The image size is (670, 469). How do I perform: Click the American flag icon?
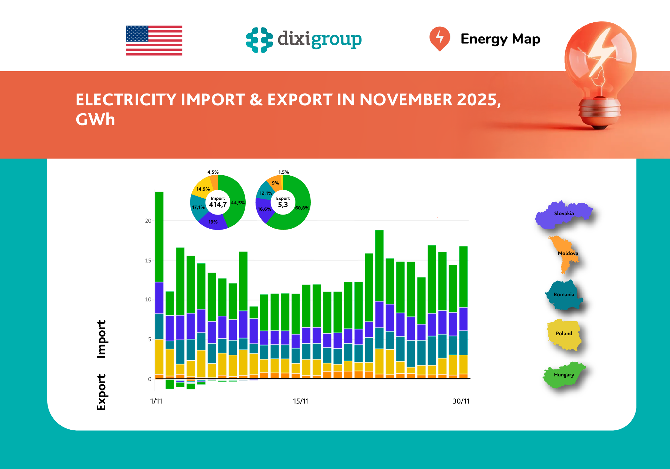click(154, 41)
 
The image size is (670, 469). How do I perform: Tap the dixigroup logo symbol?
click(259, 40)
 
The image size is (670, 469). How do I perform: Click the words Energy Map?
click(500, 39)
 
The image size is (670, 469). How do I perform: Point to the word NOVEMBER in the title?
click(406, 100)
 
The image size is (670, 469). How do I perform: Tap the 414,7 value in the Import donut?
click(218, 205)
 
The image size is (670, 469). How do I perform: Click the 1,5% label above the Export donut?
click(283, 172)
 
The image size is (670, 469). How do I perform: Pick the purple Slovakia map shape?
click(563, 214)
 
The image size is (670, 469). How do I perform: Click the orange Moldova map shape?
click(564, 252)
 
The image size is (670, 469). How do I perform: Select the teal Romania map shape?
click(564, 295)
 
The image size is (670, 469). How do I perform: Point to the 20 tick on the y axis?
click(148, 221)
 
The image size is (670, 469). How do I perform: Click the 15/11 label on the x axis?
click(301, 401)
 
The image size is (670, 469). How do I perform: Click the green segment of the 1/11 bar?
click(159, 236)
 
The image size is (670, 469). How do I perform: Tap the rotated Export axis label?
click(101, 392)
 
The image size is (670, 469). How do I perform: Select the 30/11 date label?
click(461, 401)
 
